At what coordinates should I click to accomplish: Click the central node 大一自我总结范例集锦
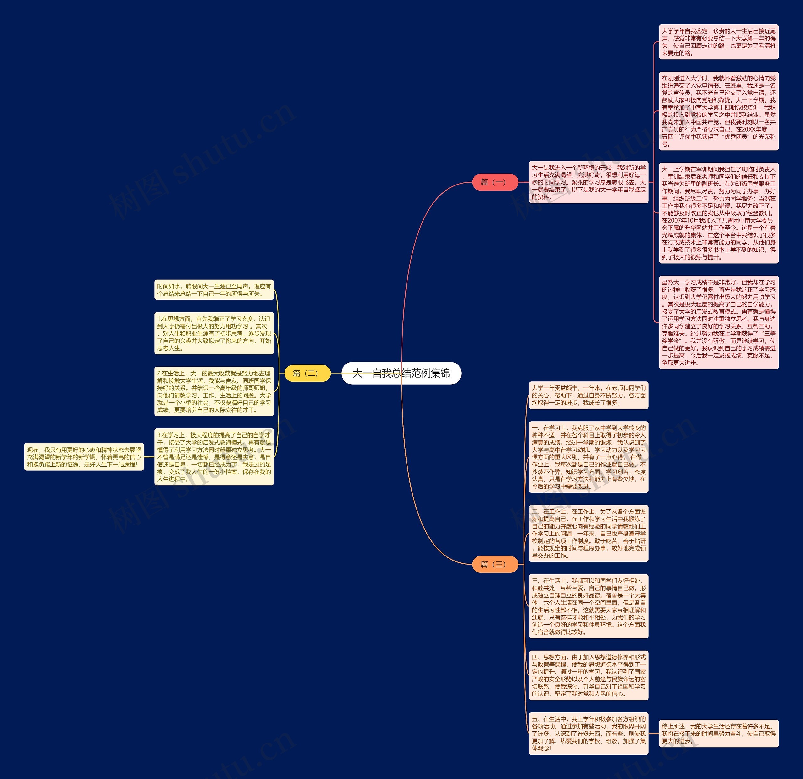click(401, 373)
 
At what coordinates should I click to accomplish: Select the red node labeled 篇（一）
click(495, 182)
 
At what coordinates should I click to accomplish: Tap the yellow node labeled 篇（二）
click(307, 373)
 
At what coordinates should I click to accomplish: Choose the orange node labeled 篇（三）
click(495, 564)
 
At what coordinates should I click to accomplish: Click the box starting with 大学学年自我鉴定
click(719, 42)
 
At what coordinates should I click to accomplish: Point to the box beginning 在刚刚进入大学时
click(719, 111)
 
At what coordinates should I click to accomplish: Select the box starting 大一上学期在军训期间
click(719, 213)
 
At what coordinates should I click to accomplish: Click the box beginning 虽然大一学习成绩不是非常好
click(719, 322)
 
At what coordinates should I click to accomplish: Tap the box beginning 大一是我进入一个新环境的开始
click(588, 182)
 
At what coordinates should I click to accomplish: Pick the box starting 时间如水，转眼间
click(214, 290)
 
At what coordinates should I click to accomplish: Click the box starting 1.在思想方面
click(214, 333)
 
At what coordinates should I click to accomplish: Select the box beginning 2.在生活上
click(214, 392)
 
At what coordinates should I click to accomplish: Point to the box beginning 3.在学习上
click(214, 457)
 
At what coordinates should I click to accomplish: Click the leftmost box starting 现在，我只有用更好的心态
click(84, 457)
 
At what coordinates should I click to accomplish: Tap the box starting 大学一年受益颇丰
click(588, 395)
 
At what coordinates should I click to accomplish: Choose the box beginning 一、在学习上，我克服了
click(588, 457)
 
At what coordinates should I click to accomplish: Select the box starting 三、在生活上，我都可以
click(588, 606)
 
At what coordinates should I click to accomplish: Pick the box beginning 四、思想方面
click(588, 675)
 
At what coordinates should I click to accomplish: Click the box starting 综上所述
click(719, 733)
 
